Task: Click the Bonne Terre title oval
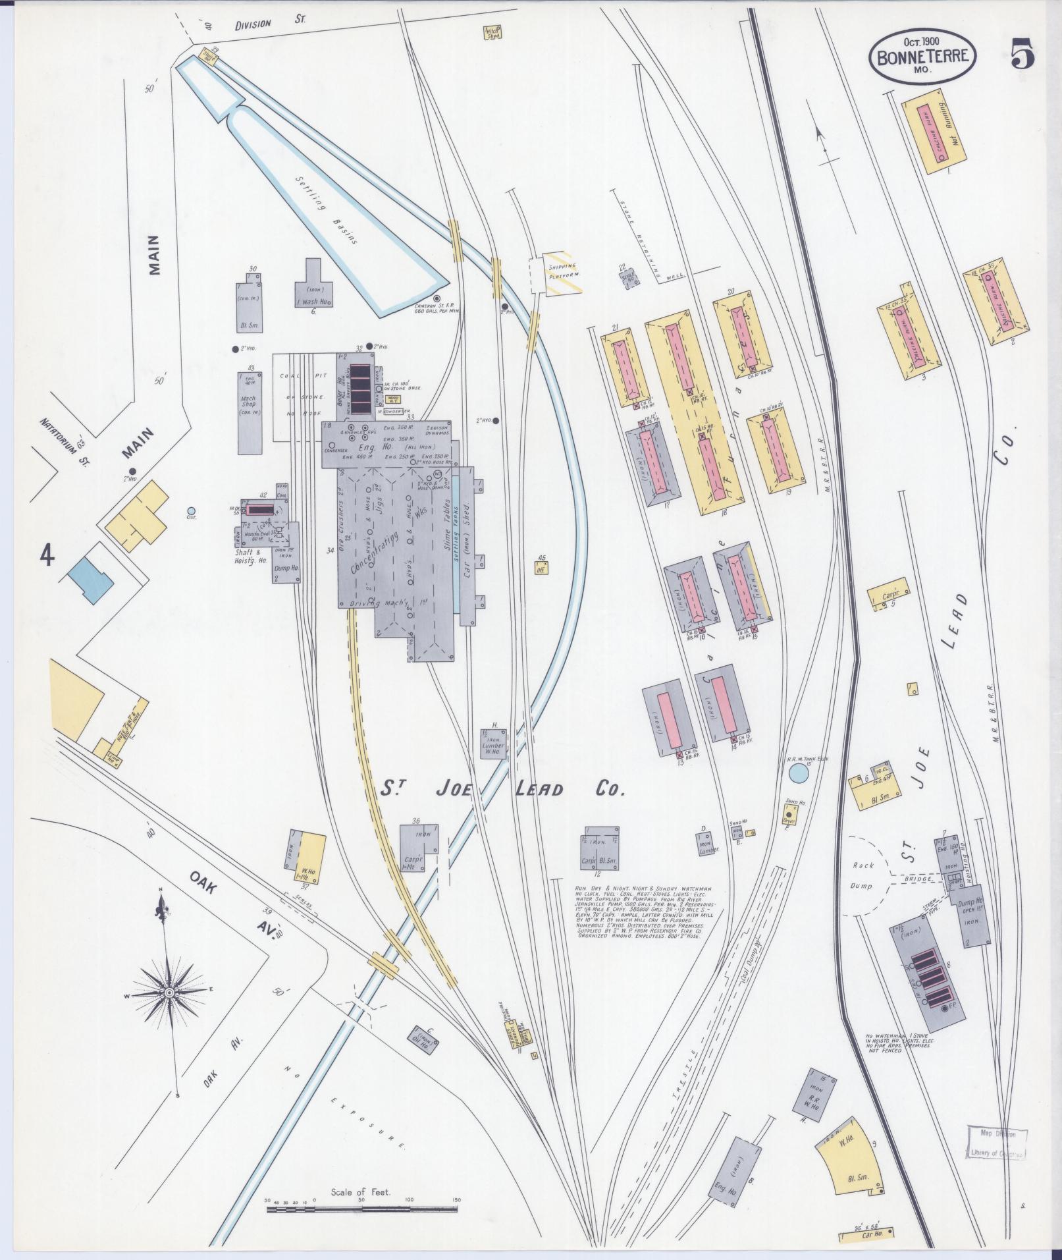pyautogui.click(x=922, y=56)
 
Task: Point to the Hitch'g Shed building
pyautogui.click(x=492, y=33)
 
